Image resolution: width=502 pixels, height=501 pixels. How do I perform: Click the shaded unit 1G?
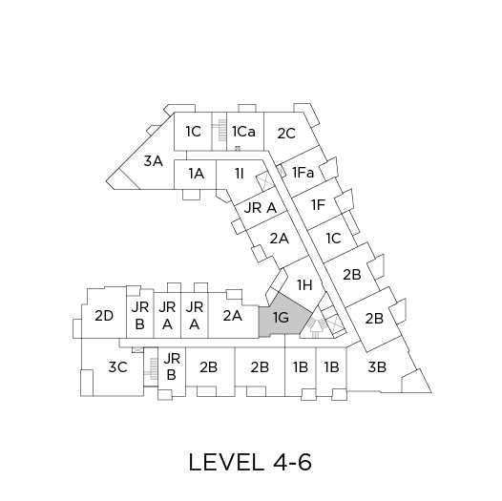click(282, 318)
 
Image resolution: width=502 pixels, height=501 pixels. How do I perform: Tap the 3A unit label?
click(154, 160)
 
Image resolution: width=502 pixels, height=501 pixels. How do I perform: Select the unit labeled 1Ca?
click(243, 132)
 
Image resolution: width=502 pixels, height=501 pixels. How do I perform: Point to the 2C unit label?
click(286, 134)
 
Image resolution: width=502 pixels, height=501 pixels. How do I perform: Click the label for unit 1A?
click(196, 174)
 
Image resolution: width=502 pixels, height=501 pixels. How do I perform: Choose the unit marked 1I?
click(240, 174)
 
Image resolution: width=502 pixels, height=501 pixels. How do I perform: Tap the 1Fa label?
click(303, 173)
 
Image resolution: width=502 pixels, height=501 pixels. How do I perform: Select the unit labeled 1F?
click(318, 204)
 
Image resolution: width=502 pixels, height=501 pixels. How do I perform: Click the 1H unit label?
click(304, 284)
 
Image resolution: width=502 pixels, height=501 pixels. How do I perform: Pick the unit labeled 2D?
click(104, 316)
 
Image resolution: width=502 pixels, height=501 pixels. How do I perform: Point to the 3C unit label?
click(117, 366)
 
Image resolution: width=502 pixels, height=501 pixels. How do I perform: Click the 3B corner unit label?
click(377, 366)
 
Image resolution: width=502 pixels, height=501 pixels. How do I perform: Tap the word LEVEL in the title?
click(224, 462)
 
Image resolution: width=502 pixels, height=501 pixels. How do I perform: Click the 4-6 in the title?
click(292, 462)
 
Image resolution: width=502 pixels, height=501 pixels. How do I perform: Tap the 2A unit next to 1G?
click(233, 316)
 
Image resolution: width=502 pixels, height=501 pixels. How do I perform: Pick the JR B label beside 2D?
click(140, 316)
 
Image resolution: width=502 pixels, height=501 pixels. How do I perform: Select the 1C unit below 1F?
click(333, 239)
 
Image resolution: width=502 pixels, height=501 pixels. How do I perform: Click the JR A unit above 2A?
click(260, 208)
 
